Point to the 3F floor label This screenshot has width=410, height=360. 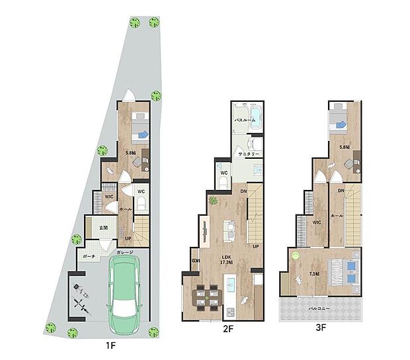321,326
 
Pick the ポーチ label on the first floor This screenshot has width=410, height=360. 90,256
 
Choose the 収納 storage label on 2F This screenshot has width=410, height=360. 195,261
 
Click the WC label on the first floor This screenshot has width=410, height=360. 141,192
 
